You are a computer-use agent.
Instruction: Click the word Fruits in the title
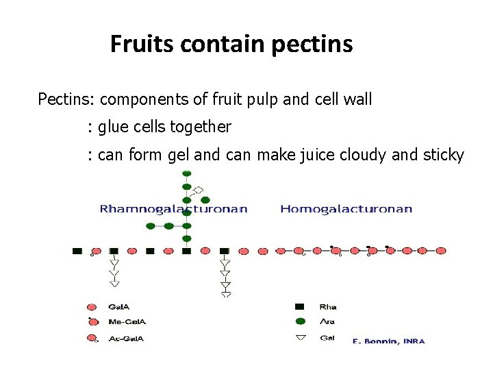click(x=142, y=45)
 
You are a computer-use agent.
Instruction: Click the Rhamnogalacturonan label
click(x=173, y=209)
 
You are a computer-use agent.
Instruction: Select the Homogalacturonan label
click(x=346, y=209)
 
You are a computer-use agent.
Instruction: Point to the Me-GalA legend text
click(x=127, y=322)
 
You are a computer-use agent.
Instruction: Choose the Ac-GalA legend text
click(x=126, y=338)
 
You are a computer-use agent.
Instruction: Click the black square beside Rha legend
click(x=299, y=306)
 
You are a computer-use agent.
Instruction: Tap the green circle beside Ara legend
click(x=299, y=321)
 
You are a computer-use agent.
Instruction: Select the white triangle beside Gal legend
click(x=299, y=337)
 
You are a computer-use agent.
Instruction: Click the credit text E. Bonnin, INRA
click(x=388, y=341)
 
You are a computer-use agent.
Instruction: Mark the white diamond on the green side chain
click(x=199, y=190)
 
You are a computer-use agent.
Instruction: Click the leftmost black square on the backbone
click(x=77, y=251)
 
